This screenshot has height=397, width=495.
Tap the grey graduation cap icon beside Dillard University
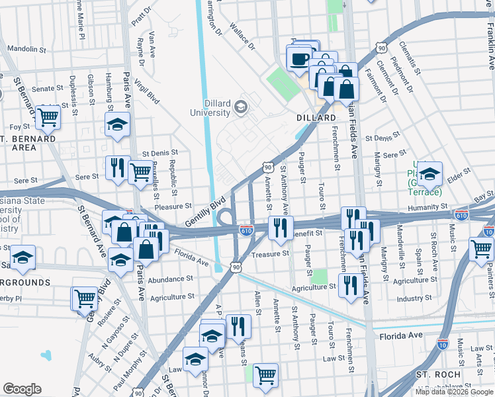coord(240,105)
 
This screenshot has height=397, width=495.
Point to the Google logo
coord(22,388)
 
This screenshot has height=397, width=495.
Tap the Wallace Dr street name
coord(242,36)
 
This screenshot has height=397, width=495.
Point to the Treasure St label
coord(271,253)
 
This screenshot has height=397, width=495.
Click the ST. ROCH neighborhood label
coord(438,375)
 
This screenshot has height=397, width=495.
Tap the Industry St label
coord(414,299)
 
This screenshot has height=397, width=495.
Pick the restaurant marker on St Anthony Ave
coord(281,227)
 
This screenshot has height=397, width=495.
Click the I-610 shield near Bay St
coord(461,215)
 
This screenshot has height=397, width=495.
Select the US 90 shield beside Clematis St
coord(381,48)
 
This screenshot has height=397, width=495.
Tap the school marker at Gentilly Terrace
coord(429,174)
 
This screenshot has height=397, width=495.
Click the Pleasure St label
coord(173,206)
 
